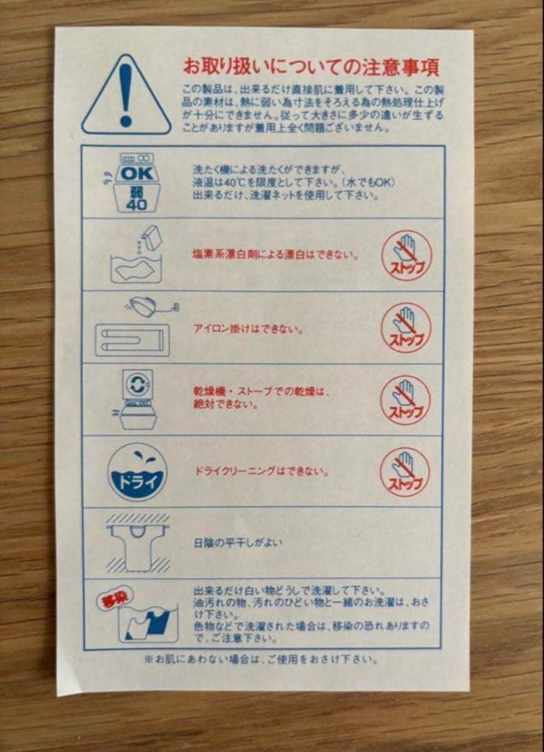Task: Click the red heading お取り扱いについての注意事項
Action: pos(311,67)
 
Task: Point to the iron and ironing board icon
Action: pos(134,327)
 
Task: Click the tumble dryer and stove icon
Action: pos(137,398)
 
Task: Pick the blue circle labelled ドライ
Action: pos(137,472)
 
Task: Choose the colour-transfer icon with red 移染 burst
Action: pos(137,614)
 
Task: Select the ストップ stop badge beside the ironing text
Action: pos(406,327)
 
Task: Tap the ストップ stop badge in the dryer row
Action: pos(405,400)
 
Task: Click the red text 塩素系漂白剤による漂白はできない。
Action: pos(277,255)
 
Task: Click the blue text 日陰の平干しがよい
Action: pos(238,542)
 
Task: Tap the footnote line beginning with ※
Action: pos(261,659)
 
